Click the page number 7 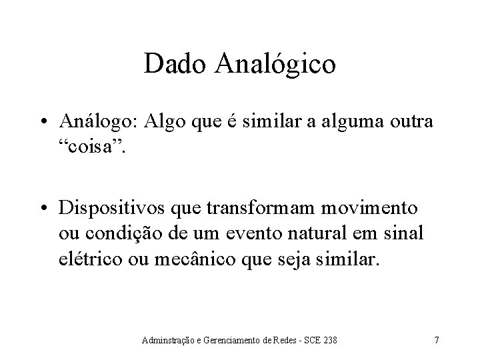coord(437,341)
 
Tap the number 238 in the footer coord(329,341)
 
